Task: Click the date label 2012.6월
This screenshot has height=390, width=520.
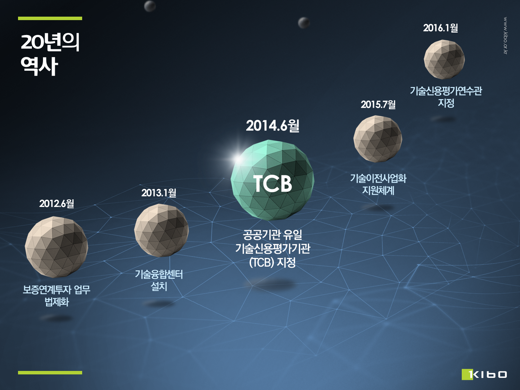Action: [57, 203]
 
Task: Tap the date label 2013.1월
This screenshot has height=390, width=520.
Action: [159, 193]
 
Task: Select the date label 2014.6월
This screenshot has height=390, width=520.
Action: [273, 126]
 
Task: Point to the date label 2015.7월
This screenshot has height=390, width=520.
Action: [378, 104]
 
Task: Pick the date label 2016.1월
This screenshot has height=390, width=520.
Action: [440, 28]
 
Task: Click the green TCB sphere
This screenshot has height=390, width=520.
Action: [272, 180]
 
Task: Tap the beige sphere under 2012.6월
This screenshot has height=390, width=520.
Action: [57, 247]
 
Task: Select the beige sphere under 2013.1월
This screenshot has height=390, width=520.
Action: [161, 231]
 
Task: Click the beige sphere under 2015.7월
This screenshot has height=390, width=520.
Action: [378, 139]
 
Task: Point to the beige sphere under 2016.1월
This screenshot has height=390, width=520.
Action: [444, 59]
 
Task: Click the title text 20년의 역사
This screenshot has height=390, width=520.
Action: [50, 54]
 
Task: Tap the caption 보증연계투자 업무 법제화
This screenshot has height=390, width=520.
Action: [57, 296]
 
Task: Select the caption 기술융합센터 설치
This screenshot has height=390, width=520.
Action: [159, 280]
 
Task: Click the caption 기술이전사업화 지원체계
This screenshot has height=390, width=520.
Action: [378, 184]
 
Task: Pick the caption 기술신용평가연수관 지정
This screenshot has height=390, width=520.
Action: [446, 97]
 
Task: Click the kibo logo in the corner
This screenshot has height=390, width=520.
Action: [484, 374]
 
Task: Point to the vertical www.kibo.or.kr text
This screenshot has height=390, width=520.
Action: [505, 35]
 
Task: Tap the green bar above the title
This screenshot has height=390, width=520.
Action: [50, 18]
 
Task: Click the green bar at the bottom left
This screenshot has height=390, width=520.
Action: [50, 373]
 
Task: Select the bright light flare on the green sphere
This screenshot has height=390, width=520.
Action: [238, 159]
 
